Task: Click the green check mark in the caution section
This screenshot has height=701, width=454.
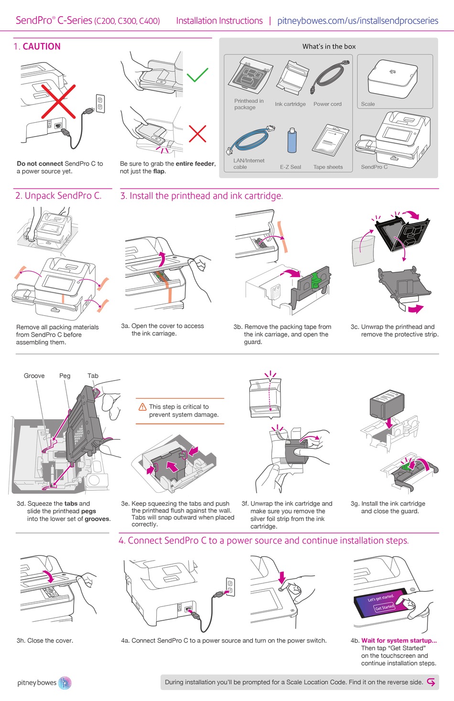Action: (x=197, y=75)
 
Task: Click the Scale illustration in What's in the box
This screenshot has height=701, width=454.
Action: (x=392, y=79)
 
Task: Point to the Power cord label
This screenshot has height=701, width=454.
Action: (x=327, y=104)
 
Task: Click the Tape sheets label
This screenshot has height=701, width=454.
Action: (x=328, y=167)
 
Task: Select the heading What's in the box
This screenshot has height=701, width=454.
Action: (x=329, y=46)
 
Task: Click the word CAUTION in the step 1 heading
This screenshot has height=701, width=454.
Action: (x=42, y=46)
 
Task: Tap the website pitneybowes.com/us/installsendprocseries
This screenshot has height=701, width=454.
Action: (x=357, y=21)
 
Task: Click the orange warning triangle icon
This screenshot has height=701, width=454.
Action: (x=142, y=407)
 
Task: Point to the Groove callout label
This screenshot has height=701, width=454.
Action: (x=34, y=376)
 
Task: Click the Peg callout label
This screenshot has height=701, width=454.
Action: (x=65, y=376)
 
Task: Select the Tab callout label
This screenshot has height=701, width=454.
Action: (x=93, y=376)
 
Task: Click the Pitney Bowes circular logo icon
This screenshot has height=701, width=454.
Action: (x=65, y=683)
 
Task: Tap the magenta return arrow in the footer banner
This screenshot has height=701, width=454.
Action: (x=431, y=682)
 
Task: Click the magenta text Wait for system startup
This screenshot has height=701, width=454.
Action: (x=399, y=640)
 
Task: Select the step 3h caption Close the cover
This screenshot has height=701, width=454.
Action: (x=45, y=640)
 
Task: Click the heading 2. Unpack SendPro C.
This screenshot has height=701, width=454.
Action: (x=58, y=196)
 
